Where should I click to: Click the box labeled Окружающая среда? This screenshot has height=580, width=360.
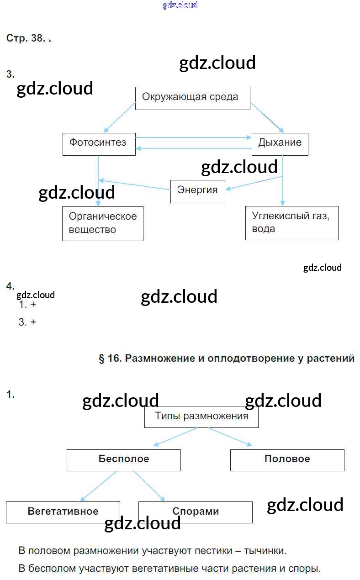click(x=192, y=98)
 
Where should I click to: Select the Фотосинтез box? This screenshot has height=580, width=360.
click(x=99, y=143)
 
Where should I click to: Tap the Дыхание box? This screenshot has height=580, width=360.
click(x=280, y=143)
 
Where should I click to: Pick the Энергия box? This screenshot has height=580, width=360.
click(x=197, y=191)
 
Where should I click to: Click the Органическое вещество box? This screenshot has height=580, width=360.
click(x=102, y=223)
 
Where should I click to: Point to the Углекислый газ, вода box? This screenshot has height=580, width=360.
click(x=291, y=222)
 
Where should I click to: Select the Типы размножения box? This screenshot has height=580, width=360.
click(x=201, y=417)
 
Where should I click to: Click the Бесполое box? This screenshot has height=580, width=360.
click(x=123, y=459)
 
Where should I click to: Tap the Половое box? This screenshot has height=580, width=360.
click(x=287, y=459)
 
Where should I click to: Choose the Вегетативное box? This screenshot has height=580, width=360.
click(x=63, y=511)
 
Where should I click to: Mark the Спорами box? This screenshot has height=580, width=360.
click(x=195, y=511)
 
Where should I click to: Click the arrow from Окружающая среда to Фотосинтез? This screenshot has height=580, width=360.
click(x=120, y=118)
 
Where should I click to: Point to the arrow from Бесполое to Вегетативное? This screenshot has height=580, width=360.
click(x=98, y=486)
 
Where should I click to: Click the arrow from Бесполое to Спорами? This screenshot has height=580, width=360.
click(x=149, y=486)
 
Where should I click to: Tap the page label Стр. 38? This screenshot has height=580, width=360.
click(x=26, y=38)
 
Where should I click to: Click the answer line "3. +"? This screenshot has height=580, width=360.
click(x=27, y=322)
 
